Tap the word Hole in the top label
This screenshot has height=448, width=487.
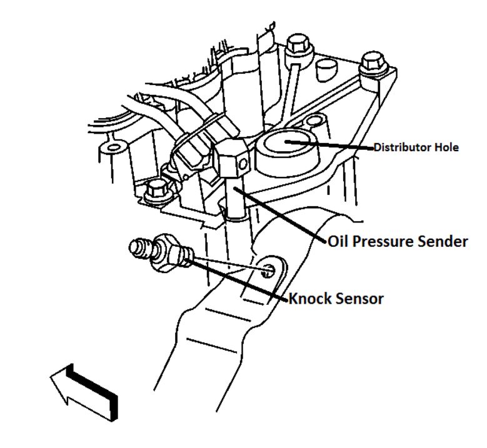click(x=446, y=148)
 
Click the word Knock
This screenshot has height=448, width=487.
click(x=310, y=299)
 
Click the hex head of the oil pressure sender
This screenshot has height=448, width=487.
click(x=232, y=160)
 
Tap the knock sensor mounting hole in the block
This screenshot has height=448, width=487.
click(x=269, y=271)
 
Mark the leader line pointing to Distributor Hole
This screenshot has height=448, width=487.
click(x=331, y=146)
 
